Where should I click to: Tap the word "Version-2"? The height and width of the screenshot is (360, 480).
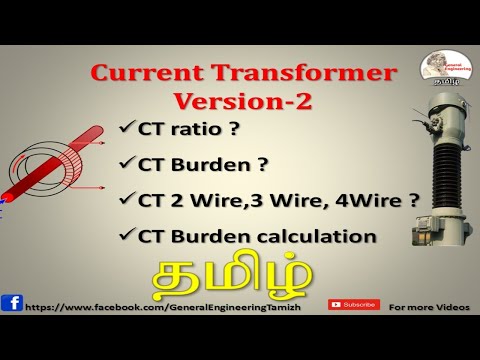click(237, 101)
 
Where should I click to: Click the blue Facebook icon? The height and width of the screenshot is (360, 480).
click(12, 303)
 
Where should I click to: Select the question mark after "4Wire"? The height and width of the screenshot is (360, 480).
click(412, 200)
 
